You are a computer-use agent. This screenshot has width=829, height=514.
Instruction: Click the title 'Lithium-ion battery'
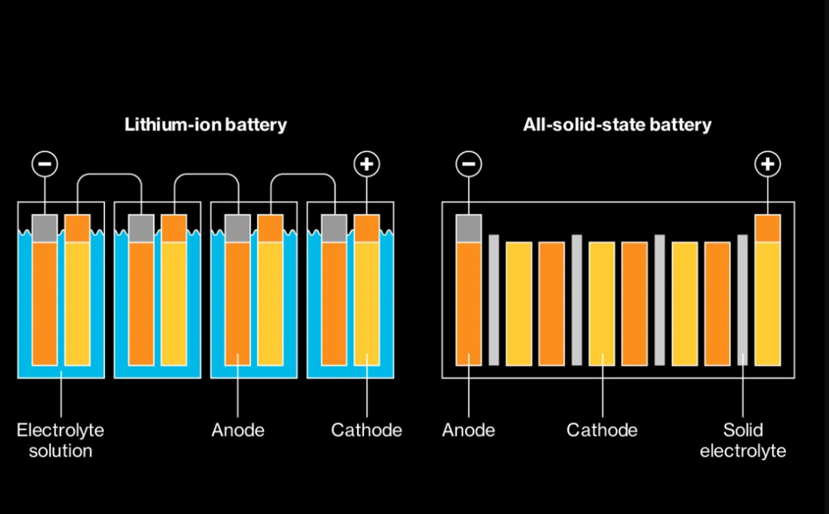(x=205, y=125)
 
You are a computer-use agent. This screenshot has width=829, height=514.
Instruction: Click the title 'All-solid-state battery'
(x=617, y=125)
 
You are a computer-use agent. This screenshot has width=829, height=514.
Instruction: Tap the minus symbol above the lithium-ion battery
(x=45, y=163)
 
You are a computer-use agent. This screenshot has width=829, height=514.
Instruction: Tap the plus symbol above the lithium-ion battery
(x=367, y=163)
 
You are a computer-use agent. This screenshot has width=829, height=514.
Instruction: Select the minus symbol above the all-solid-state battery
(x=468, y=163)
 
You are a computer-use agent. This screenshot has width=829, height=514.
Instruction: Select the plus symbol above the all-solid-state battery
(x=767, y=163)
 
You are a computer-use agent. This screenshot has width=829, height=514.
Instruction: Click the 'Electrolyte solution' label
(x=60, y=440)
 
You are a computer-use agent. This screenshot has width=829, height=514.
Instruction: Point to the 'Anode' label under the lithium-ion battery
(x=238, y=430)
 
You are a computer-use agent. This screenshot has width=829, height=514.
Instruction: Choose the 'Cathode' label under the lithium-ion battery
(x=366, y=430)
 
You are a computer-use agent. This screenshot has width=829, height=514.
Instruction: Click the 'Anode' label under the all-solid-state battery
(x=468, y=430)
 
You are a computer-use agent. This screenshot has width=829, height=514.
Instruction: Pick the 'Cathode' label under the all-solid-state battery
(x=602, y=430)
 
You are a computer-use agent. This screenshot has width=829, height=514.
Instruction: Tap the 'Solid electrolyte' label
(x=742, y=440)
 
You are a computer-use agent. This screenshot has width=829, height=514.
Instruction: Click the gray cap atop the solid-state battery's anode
(x=468, y=228)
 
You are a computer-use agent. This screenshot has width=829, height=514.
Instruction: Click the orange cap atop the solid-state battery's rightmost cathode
(x=767, y=228)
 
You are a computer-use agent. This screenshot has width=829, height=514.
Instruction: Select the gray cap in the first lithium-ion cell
(x=45, y=228)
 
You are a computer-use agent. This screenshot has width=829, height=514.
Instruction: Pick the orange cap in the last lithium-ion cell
(x=367, y=228)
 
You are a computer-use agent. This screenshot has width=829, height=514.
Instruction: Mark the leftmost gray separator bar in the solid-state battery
(x=494, y=300)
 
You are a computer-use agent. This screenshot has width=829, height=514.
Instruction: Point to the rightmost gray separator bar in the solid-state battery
(x=742, y=300)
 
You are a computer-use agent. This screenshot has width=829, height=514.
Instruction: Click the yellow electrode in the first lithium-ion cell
(x=77, y=304)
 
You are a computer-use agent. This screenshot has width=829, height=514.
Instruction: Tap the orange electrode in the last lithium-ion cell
(x=334, y=304)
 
